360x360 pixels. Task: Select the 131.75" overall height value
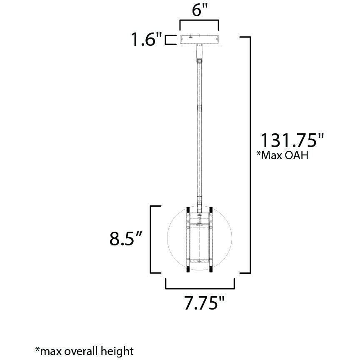(x=292, y=140)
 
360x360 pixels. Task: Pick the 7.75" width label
(x=201, y=303)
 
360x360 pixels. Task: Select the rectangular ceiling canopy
(x=199, y=40)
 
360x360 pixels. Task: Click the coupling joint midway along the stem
(x=199, y=107)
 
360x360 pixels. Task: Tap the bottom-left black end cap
(x=188, y=269)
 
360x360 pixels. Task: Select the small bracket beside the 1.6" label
(x=169, y=40)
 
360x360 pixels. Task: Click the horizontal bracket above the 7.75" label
(x=200, y=287)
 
